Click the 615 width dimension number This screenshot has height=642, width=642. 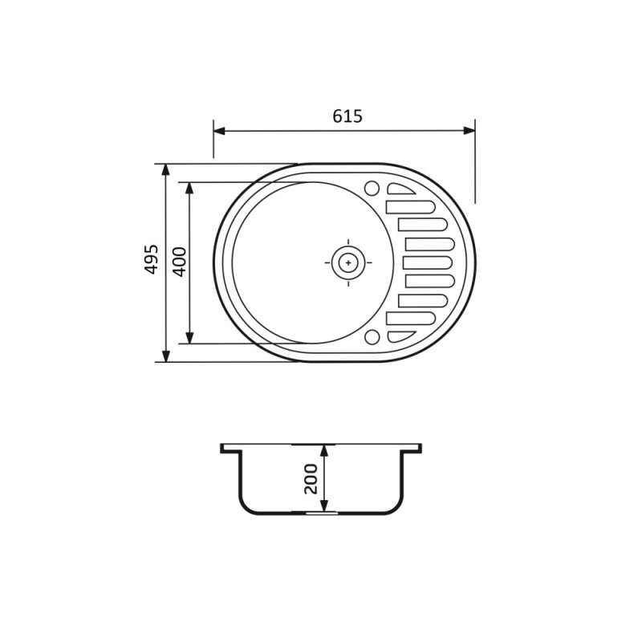pyautogui.click(x=347, y=116)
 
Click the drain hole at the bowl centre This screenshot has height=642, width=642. pyautogui.click(x=347, y=262)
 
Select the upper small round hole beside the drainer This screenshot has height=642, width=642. pyautogui.click(x=372, y=189)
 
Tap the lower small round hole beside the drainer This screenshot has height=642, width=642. pyautogui.click(x=372, y=336)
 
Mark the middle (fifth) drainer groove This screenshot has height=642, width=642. pyautogui.click(x=429, y=262)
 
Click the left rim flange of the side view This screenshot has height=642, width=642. pyautogui.click(x=230, y=448)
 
